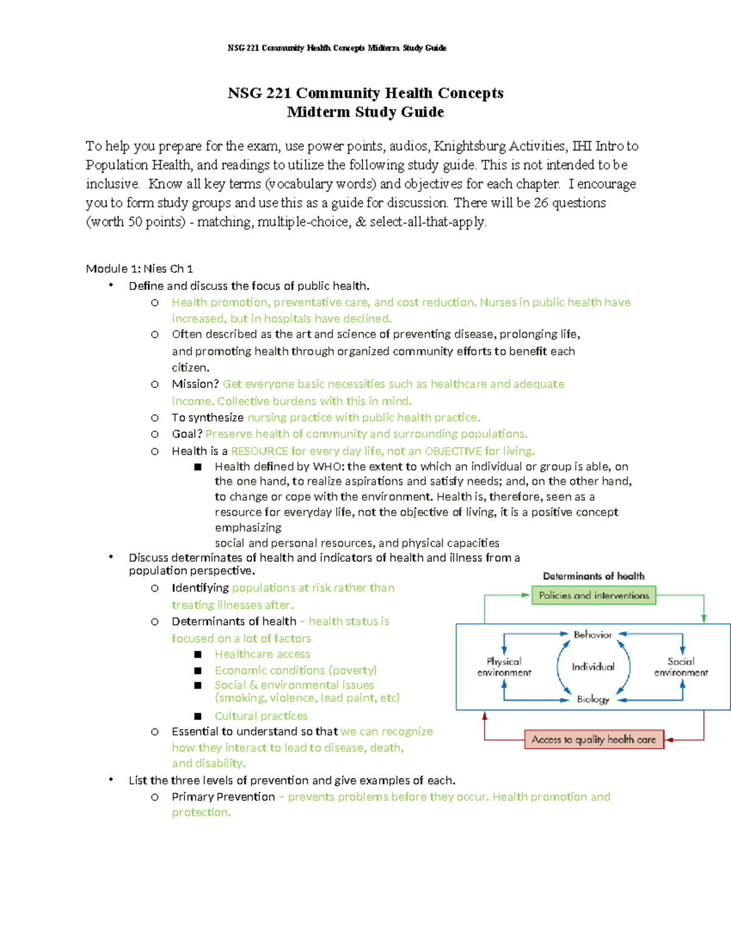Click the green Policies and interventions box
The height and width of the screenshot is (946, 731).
pos(594,595)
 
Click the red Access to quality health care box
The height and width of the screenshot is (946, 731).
pos(594,740)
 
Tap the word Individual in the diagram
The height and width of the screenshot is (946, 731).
pos(593,666)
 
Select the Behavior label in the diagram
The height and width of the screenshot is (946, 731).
pos(593,635)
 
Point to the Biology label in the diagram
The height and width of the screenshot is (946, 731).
pos(593,699)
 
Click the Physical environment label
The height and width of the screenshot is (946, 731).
pos(504,666)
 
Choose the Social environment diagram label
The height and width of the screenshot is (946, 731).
pos(681,666)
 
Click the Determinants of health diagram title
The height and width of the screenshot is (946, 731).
pos(593,576)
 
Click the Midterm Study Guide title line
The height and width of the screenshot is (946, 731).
pos(365,112)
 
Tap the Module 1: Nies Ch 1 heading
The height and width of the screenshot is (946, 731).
pos(139,269)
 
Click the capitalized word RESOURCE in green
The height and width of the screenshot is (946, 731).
pos(260,451)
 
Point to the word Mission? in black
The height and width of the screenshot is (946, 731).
pos(195,384)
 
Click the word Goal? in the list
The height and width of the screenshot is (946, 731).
pos(186,434)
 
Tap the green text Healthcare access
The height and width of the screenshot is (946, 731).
pos(262,654)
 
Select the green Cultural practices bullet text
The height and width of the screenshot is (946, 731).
pos(261,716)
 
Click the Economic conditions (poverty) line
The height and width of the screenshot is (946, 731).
pos(295,670)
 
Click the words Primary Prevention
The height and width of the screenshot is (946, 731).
pos(223,797)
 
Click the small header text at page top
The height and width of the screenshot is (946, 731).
pos(337,48)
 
